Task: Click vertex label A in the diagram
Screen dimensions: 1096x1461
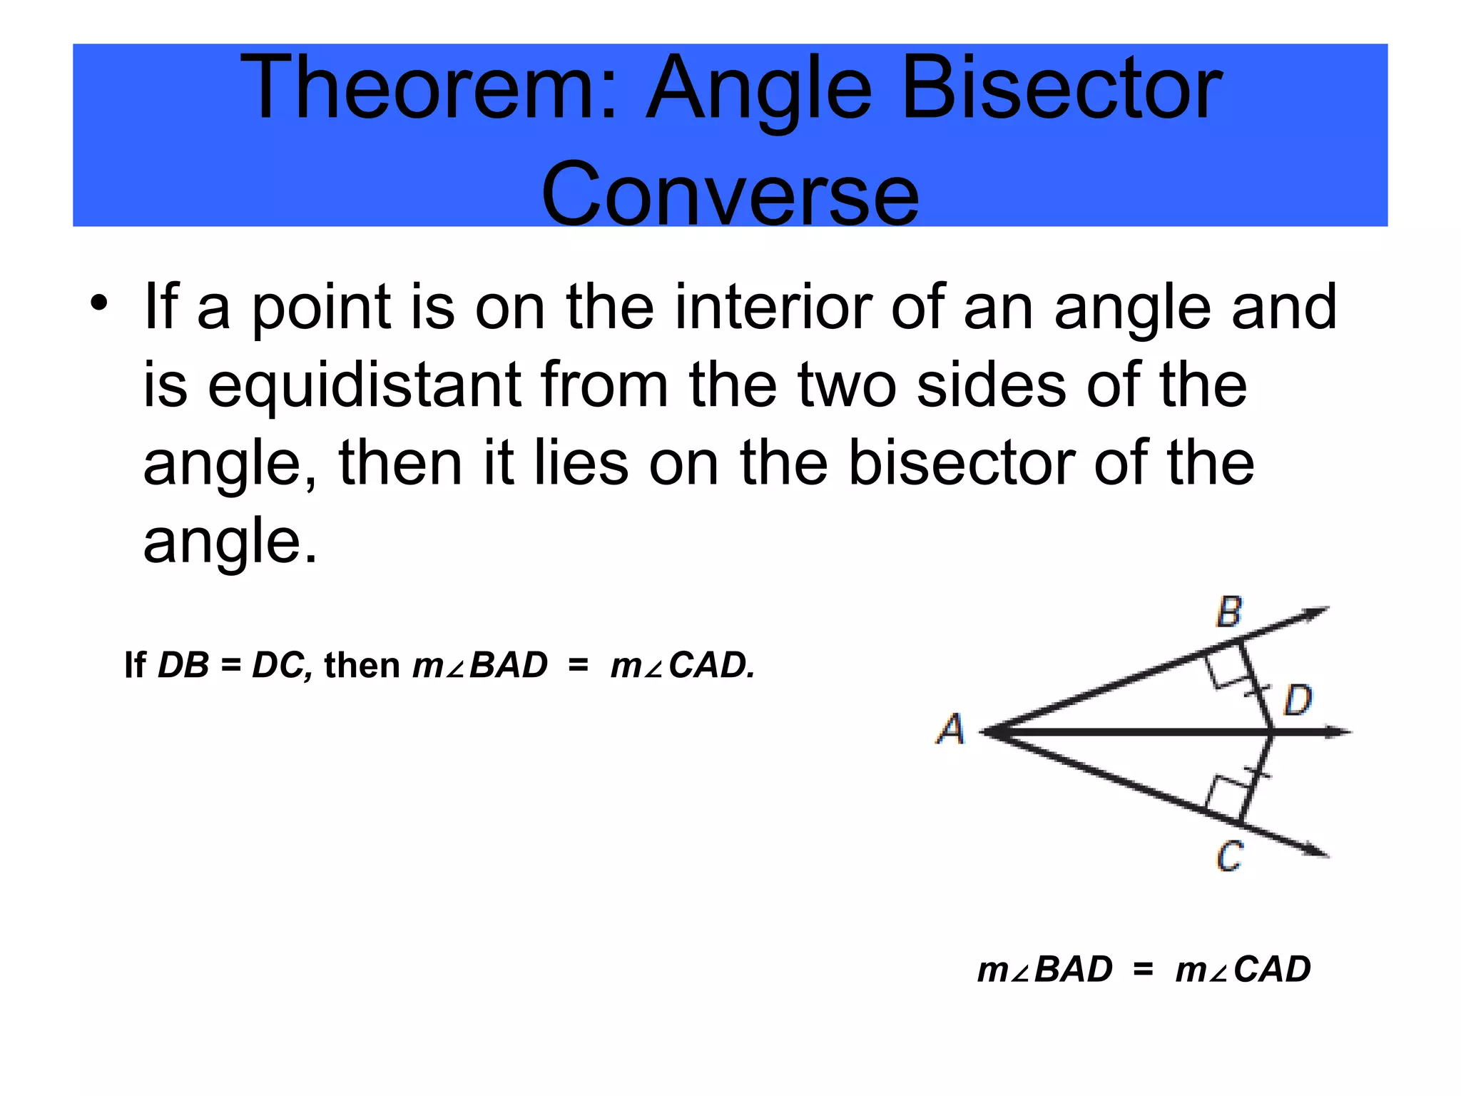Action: click(950, 729)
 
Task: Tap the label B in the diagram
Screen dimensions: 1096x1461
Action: click(1228, 612)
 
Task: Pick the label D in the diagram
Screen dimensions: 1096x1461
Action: click(1298, 700)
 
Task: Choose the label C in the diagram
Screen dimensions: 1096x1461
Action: click(1229, 856)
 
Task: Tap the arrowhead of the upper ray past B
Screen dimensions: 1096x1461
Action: click(1316, 612)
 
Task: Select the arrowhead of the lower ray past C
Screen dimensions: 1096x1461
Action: click(1316, 850)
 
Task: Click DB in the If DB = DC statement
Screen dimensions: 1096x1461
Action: click(183, 666)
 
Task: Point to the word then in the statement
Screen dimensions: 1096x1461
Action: click(362, 666)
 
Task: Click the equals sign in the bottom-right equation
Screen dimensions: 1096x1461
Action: click(1143, 970)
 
